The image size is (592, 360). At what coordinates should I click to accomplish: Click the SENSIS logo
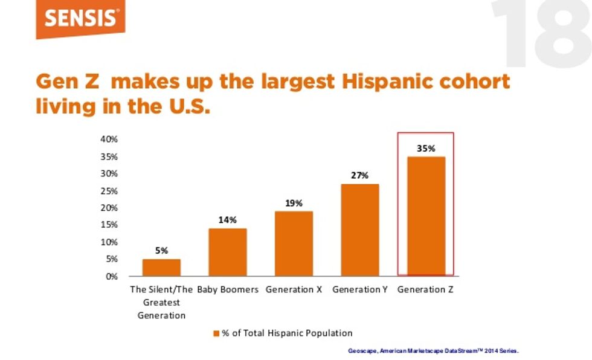pyautogui.click(x=80, y=19)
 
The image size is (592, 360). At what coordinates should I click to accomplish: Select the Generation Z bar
pyautogui.click(x=426, y=216)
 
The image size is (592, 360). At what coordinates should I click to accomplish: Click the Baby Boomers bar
pyautogui.click(x=228, y=252)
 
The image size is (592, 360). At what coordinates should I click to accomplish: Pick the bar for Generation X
pyautogui.click(x=294, y=243)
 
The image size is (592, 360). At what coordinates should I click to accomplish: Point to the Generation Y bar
pyautogui.click(x=360, y=230)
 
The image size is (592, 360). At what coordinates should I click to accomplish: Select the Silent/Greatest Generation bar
pyautogui.click(x=161, y=267)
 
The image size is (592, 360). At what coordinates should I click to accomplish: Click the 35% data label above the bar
pyautogui.click(x=426, y=148)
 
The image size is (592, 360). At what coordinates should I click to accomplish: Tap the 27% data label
pyautogui.click(x=360, y=175)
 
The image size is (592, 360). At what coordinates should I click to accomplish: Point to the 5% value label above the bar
pyautogui.click(x=161, y=250)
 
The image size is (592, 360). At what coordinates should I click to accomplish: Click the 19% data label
pyautogui.click(x=294, y=203)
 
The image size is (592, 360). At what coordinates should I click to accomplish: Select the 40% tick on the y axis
pyautogui.click(x=109, y=139)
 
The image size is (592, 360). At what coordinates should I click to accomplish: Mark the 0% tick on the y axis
pyautogui.click(x=111, y=277)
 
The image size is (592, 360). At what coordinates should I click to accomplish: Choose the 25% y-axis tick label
pyautogui.click(x=109, y=191)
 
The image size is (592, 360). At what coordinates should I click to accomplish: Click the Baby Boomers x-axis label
pyautogui.click(x=228, y=290)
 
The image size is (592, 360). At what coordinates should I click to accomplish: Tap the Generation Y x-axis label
pyautogui.click(x=360, y=290)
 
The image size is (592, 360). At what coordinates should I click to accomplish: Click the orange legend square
pyautogui.click(x=217, y=333)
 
